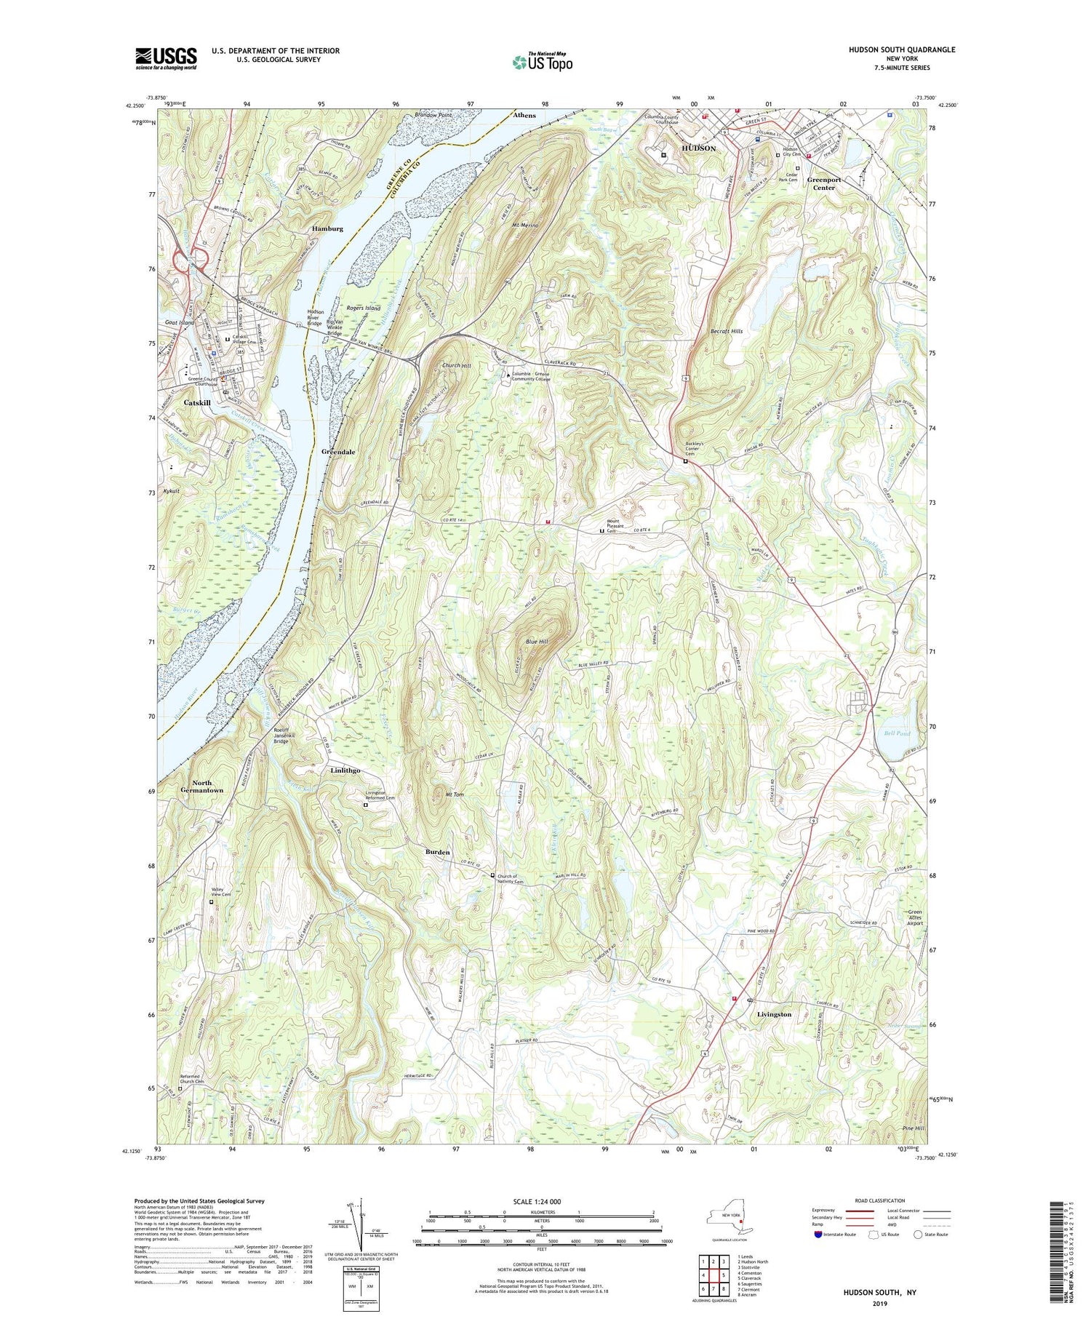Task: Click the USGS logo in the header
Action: click(x=166, y=58)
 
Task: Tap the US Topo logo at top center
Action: click(x=542, y=62)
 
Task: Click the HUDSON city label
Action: click(x=698, y=148)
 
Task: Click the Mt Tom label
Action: click(x=454, y=795)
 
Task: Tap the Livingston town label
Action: click(x=774, y=1013)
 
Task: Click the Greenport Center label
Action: click(x=823, y=183)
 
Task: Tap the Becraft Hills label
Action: click(x=726, y=331)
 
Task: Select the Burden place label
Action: click(x=438, y=851)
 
